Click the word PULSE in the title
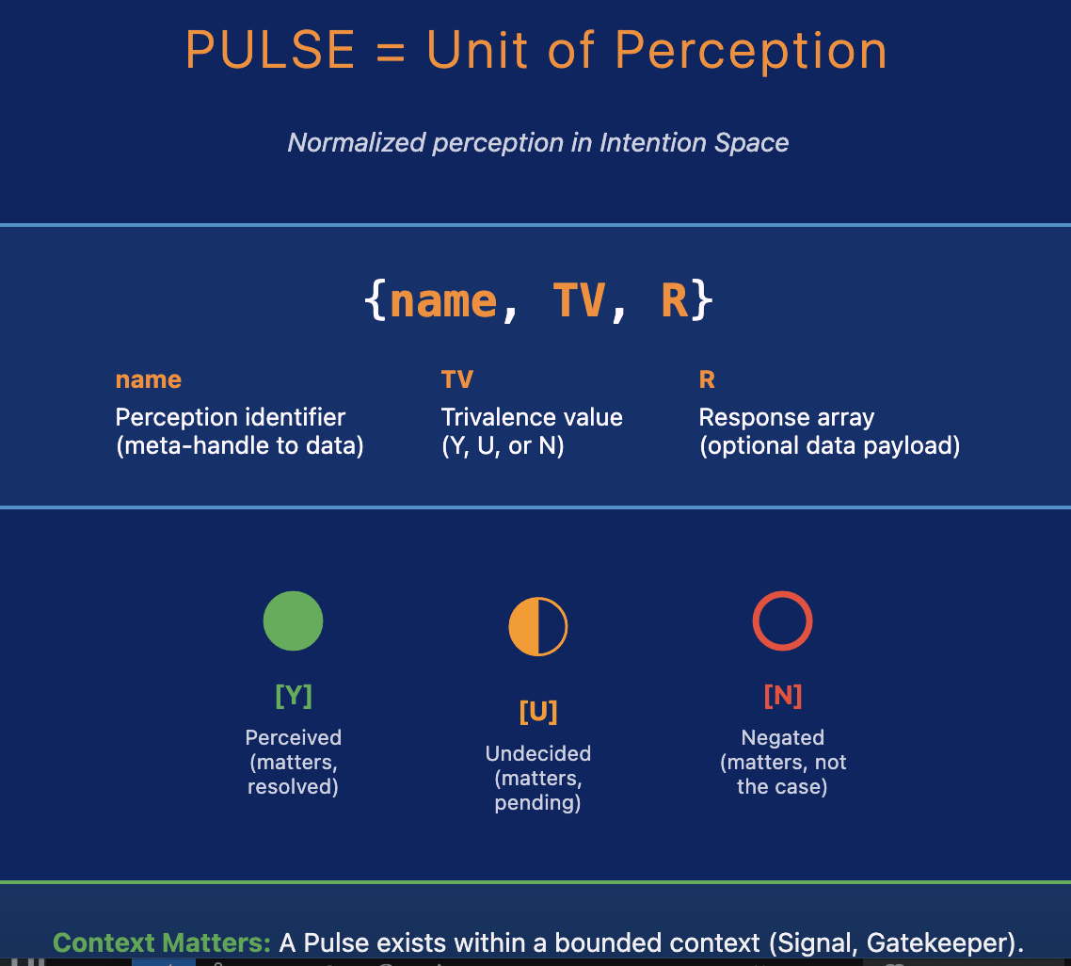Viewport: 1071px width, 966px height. (270, 51)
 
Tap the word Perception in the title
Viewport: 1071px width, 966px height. (751, 51)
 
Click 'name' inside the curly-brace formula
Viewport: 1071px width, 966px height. (442, 301)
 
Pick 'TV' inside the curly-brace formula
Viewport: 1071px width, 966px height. (578, 301)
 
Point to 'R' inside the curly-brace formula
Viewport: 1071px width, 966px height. (675, 301)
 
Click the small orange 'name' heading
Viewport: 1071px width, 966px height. (148, 379)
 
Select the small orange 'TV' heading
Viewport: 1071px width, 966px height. (456, 379)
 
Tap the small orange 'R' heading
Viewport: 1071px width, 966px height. (707, 379)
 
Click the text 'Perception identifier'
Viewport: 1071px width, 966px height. (230, 417)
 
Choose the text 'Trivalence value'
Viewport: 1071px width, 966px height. (532, 417)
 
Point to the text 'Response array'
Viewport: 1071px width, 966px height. (787, 417)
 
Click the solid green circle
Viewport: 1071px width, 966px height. (293, 620)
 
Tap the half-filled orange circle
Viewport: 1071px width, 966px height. (537, 626)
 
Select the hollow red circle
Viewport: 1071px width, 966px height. (782, 620)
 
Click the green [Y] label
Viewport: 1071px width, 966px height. (293, 696)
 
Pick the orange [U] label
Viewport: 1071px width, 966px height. (537, 711)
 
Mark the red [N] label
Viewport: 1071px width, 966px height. (782, 696)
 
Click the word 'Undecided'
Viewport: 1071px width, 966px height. (537, 753)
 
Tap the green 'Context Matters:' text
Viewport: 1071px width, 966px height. (162, 942)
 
